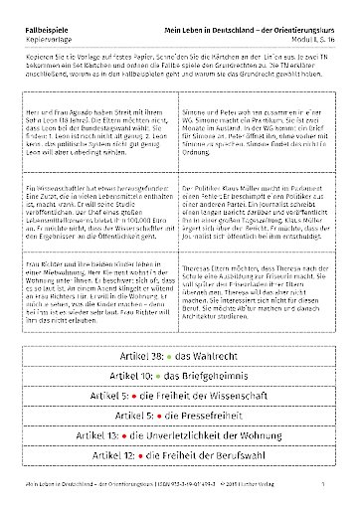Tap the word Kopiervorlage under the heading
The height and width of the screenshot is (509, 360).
[x=45, y=18]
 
